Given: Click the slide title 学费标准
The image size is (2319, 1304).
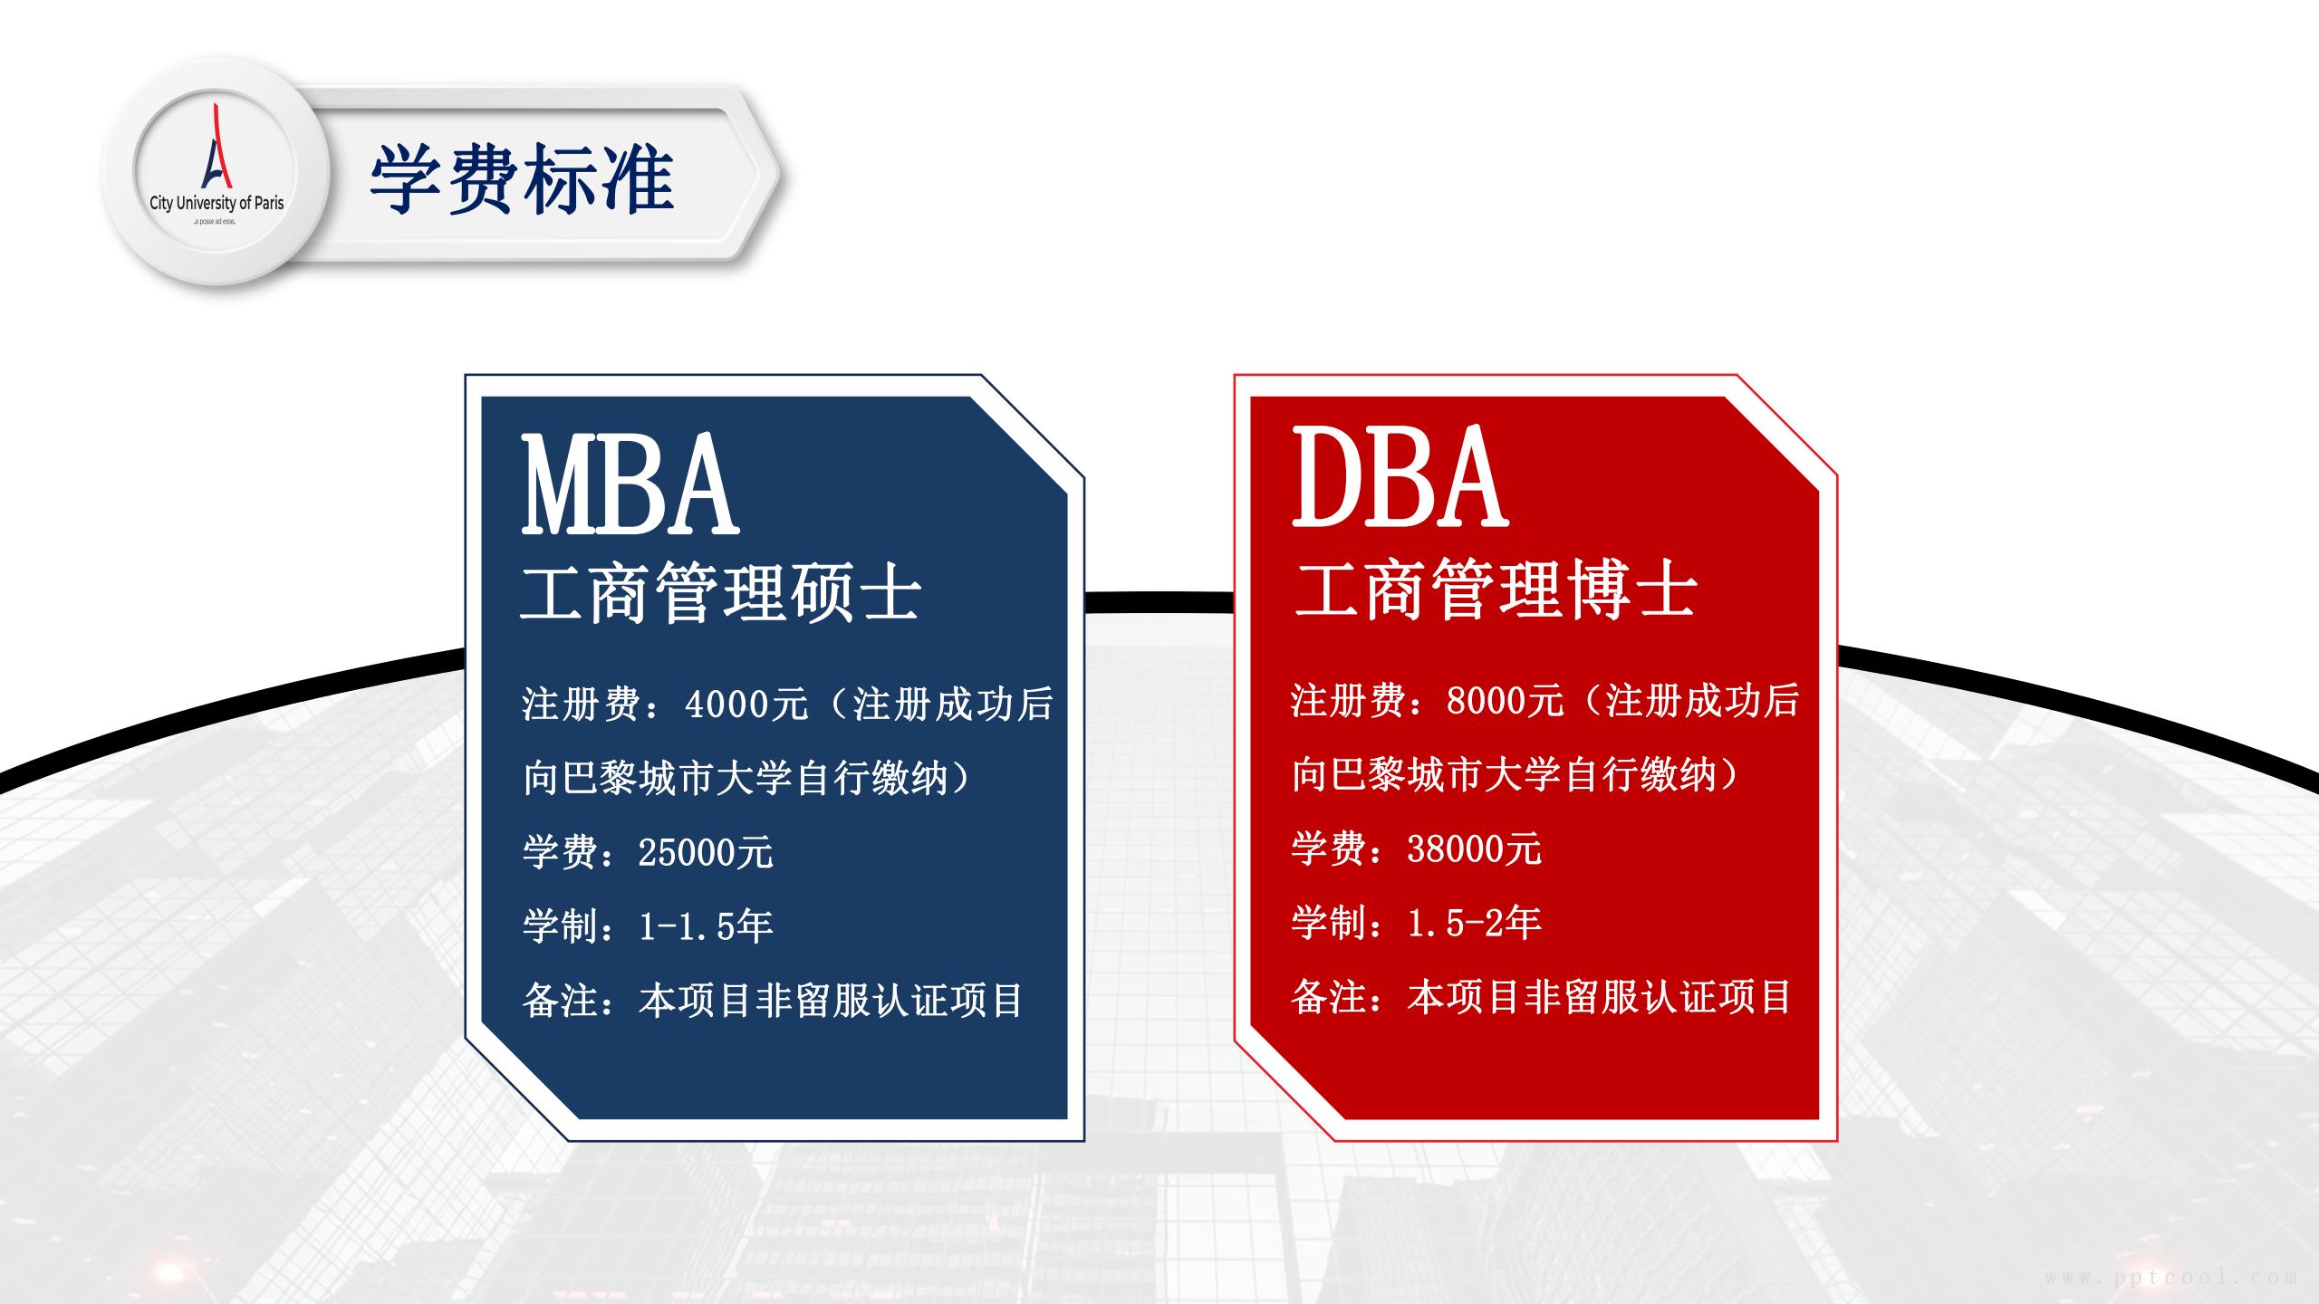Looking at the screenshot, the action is coord(522,179).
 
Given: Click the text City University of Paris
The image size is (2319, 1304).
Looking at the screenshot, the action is coord(217,203).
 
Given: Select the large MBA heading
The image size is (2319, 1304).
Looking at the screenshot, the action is coord(630,484).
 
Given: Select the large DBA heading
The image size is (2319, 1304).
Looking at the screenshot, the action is coord(1400,477).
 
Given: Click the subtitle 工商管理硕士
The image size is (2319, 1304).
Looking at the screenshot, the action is coord(721,593).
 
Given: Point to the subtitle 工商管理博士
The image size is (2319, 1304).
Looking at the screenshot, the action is coord(1496,590).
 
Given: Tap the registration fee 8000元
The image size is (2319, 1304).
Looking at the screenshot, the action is coord(1505,700).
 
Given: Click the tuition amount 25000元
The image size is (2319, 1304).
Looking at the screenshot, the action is coord(706,852).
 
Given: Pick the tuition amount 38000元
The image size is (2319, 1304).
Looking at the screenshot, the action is coord(1474,849).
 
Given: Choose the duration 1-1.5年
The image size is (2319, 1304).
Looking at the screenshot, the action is coord(706,925).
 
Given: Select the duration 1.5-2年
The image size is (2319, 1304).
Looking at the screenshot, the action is coord(1474,922).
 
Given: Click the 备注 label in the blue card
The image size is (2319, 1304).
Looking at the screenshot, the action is coord(561,1001).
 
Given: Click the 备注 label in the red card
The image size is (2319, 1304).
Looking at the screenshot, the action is coord(1329,997).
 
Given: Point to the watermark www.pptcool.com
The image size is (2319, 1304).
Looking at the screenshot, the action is coord(2170,1278).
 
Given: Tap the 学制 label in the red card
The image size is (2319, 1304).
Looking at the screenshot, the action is coord(1329,922).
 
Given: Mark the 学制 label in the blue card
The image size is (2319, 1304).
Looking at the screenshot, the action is coord(561,925).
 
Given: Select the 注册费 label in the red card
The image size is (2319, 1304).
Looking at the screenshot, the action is coord(1348,700).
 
